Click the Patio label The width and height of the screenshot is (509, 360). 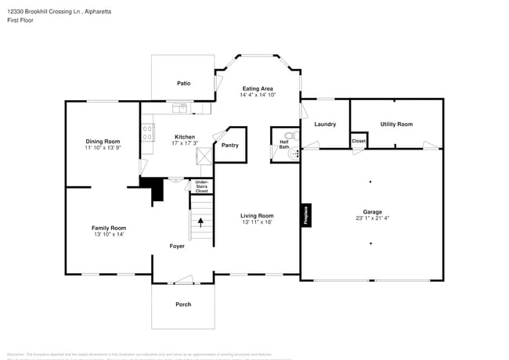click(183, 83)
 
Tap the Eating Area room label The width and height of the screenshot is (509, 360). click(257, 88)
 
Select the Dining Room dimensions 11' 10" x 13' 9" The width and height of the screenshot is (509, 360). click(103, 147)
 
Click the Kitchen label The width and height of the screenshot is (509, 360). click(184, 136)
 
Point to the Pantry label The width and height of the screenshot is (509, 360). click(229, 145)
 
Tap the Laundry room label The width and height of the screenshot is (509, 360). click(324, 124)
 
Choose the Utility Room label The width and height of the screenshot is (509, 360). click(395, 124)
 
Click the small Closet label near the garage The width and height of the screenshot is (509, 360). click(358, 141)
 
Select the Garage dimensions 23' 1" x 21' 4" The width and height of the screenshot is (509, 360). click(371, 218)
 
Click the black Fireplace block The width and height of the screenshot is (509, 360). click(305, 216)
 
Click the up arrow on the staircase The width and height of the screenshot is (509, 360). click(200, 221)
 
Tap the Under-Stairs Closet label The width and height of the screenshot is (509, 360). click(201, 186)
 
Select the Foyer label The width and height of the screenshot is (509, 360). click(177, 246)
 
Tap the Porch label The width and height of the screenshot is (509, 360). click(183, 304)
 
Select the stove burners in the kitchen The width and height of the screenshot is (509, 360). click(146, 133)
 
